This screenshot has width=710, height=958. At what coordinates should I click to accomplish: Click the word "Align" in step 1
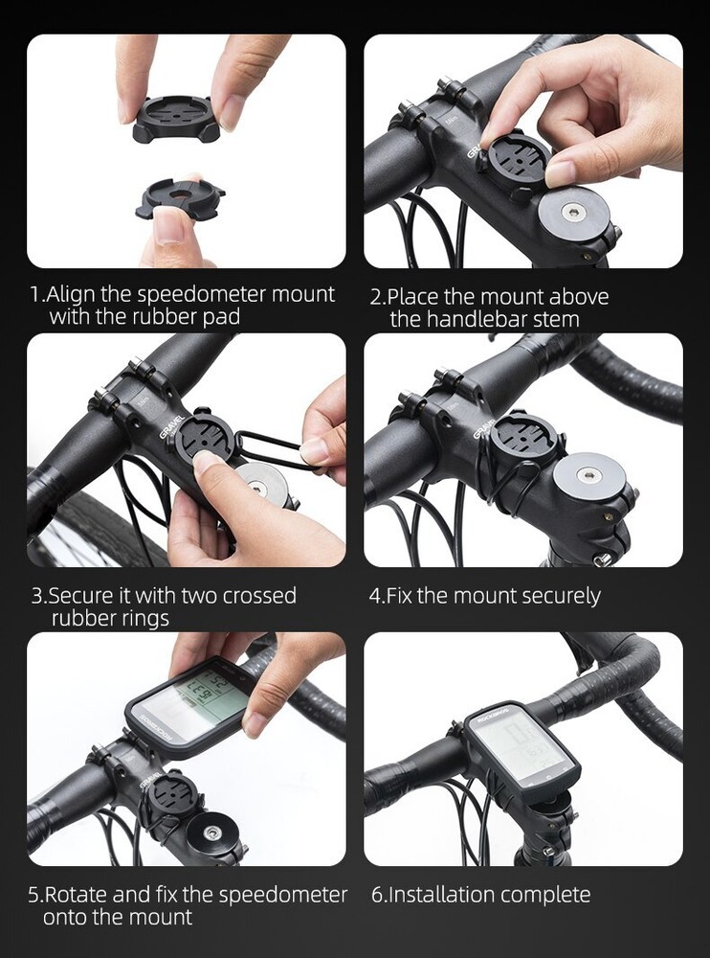(75, 294)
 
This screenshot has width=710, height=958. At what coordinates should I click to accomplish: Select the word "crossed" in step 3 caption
(259, 596)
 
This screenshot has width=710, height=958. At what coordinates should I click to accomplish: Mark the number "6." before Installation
(379, 895)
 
